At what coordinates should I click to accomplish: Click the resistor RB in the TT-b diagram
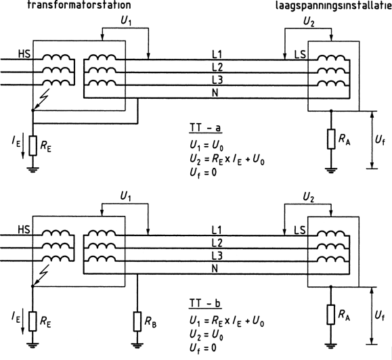137,321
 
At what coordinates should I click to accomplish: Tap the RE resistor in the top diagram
32,145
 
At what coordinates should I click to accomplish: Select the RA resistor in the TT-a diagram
331,139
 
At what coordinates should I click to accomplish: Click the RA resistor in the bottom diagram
331,315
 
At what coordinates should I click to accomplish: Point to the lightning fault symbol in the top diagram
41,99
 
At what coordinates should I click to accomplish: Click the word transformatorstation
79,5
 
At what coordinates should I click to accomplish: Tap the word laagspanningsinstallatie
334,5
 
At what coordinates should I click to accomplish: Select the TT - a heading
206,128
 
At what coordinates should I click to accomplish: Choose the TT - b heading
205,303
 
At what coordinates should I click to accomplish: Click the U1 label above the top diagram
126,21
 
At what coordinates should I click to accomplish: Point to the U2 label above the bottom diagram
309,197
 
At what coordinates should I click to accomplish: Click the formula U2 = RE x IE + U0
227,160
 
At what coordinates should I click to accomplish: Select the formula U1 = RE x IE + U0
227,321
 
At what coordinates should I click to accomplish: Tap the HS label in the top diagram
24,53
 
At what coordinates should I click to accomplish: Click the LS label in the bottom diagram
300,230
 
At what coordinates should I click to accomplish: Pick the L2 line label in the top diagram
217,67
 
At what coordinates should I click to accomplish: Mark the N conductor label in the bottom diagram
215,269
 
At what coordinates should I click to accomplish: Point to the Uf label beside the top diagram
380,141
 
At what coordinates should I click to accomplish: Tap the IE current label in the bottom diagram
16,317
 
